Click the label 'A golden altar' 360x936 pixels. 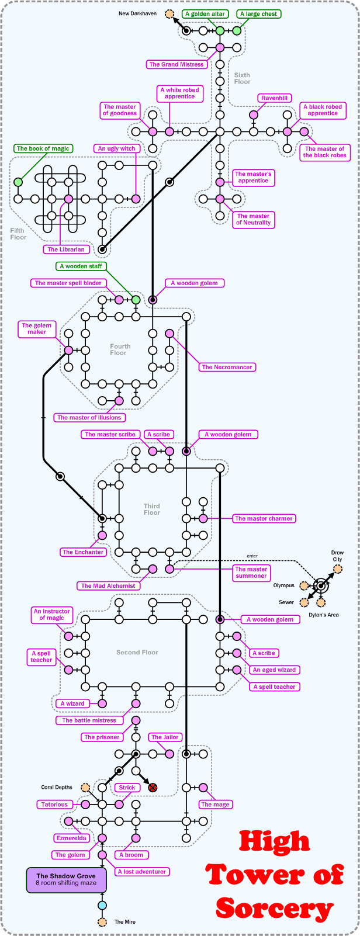point(205,13)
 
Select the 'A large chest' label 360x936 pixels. point(258,13)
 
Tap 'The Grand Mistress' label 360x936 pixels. point(176,64)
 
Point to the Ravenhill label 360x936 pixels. point(275,98)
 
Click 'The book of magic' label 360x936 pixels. point(43,148)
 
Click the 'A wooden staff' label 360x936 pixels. point(81,266)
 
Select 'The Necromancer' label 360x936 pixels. point(227,368)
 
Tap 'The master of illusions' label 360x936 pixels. point(89,418)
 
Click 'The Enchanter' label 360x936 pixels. point(84,552)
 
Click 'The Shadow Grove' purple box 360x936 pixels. point(66,879)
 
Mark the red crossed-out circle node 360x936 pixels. point(153,788)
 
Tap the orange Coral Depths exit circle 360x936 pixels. point(85,788)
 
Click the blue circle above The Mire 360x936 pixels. point(102,906)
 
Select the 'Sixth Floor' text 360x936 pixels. point(242,78)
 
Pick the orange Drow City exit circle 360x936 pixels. point(338,569)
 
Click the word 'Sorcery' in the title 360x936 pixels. point(275,909)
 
